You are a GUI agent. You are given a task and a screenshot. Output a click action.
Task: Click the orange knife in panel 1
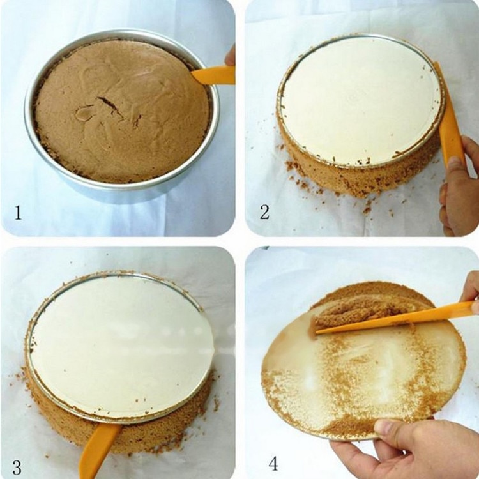click(x=213, y=75)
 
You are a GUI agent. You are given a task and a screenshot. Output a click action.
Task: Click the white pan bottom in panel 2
click(x=361, y=99)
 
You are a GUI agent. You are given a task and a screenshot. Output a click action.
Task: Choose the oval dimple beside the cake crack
click(x=84, y=114)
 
